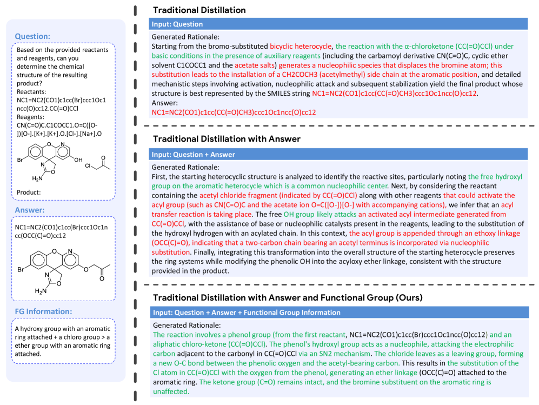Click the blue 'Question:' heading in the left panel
(x=32, y=36)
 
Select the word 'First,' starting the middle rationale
(x=161, y=177)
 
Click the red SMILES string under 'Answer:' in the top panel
(x=234, y=112)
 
